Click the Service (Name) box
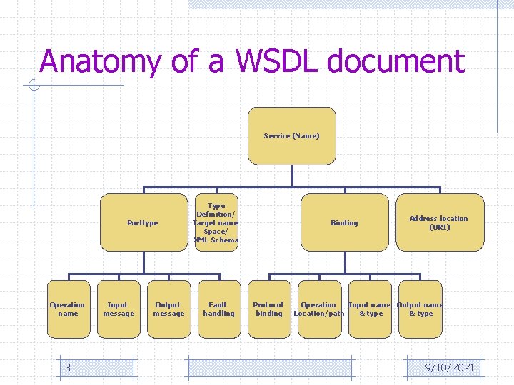click(x=291, y=136)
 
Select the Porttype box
click(x=143, y=222)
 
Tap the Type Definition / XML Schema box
click(x=216, y=222)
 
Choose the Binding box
click(x=344, y=222)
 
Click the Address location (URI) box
click(x=439, y=222)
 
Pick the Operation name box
click(x=67, y=309)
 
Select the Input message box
click(x=118, y=309)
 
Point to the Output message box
click(x=168, y=309)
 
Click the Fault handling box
click(x=218, y=309)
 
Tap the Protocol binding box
click(x=268, y=309)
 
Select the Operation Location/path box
click(x=318, y=309)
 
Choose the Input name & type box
click(x=370, y=309)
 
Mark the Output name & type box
click(x=420, y=309)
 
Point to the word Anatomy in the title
click(x=101, y=63)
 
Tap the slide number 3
click(x=67, y=367)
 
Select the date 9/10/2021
click(x=449, y=367)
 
